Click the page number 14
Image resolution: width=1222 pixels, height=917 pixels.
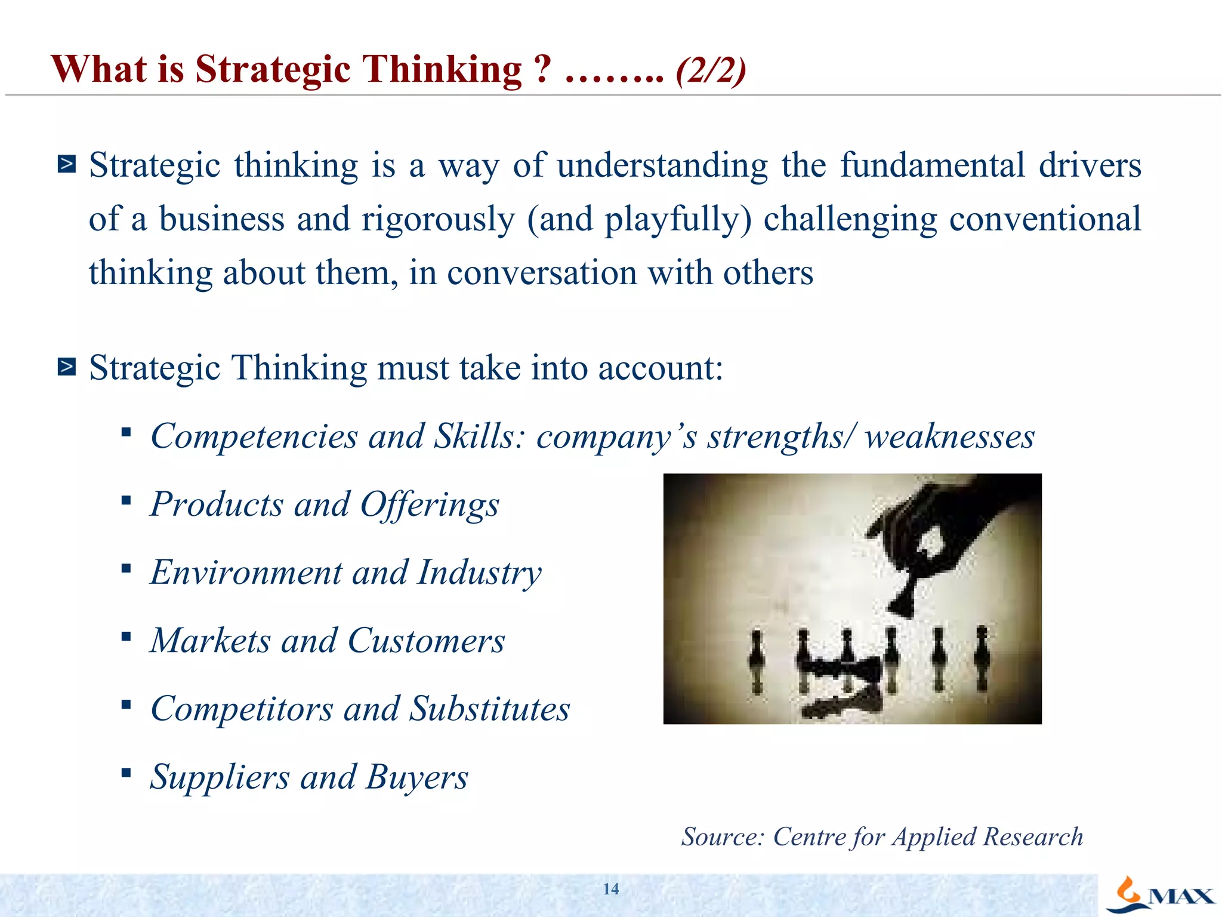(610, 889)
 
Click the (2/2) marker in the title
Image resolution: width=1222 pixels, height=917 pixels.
(711, 70)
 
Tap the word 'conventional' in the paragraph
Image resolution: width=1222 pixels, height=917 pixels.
(1045, 219)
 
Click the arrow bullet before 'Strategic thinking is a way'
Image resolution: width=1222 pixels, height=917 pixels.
(67, 164)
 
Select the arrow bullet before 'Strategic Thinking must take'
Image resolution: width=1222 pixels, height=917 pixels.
(67, 367)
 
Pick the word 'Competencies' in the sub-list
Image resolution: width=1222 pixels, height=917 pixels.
(254, 437)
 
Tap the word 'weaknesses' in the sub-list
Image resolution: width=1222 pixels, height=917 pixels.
(949, 437)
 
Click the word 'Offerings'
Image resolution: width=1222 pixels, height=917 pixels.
(430, 505)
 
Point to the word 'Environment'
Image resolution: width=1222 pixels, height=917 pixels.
(246, 573)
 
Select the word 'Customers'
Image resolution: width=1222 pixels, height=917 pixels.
(426, 641)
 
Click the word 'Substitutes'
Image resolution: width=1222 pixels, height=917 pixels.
(489, 709)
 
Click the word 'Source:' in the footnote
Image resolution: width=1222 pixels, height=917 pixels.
(723, 837)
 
